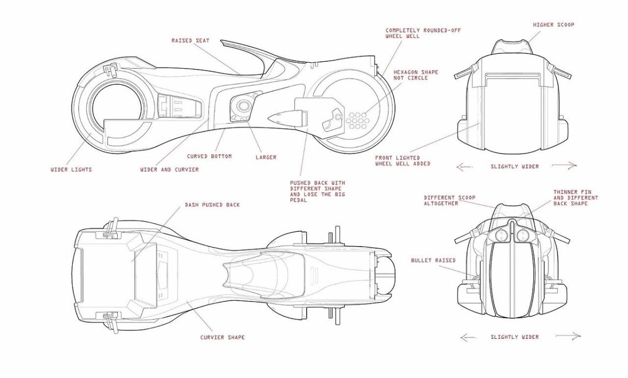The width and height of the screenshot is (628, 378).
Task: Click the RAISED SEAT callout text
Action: [x=190, y=40]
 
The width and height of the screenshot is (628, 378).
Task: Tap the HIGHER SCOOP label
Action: [x=553, y=25]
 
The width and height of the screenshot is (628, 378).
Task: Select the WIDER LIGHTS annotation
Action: [x=71, y=170]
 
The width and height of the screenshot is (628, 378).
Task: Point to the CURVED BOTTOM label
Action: [x=209, y=157]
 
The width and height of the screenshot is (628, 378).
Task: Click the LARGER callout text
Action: [x=266, y=157]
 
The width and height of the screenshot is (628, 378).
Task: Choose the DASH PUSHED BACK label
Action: [x=212, y=205]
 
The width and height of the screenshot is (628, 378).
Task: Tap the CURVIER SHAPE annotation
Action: [x=222, y=337]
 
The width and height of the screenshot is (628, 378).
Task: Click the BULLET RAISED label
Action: [x=433, y=260]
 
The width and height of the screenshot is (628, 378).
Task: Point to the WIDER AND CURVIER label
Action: [x=170, y=170]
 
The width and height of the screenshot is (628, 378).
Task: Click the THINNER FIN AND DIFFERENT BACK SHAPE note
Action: [x=576, y=198]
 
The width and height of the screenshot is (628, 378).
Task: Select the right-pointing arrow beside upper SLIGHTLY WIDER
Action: [x=565, y=166]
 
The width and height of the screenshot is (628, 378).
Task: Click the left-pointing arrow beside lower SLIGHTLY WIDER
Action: [x=466, y=337]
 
